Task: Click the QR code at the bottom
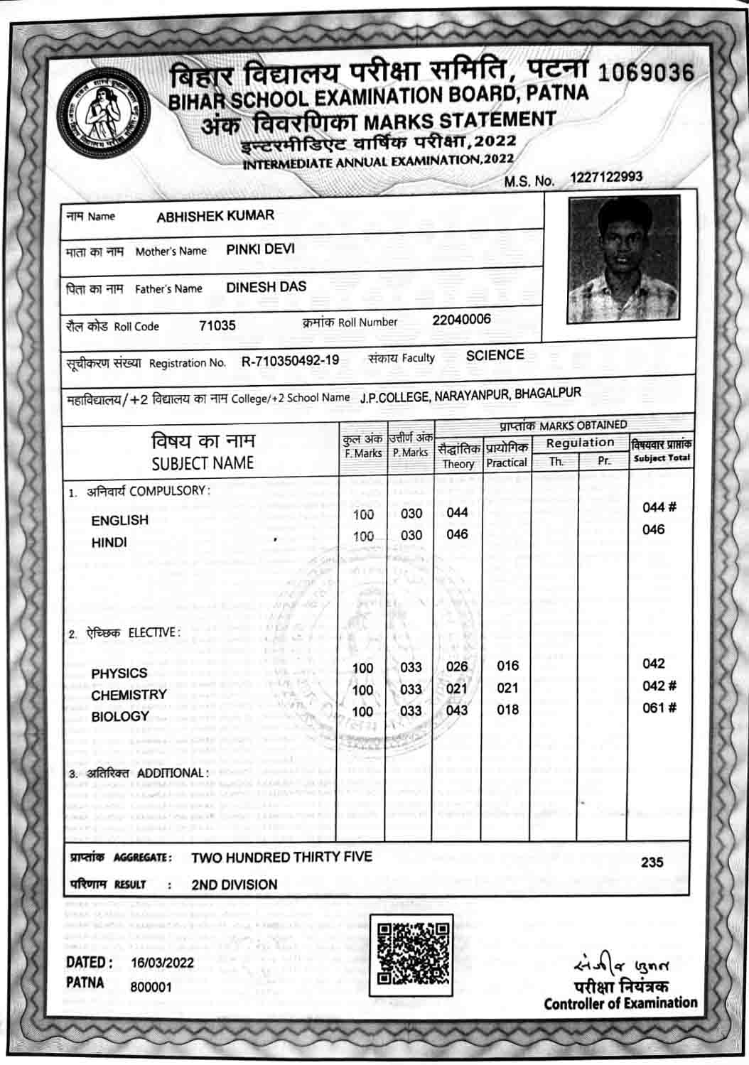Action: [x=411, y=955]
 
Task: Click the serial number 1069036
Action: [x=646, y=73]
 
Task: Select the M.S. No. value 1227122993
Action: [x=606, y=176]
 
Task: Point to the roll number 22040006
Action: [x=461, y=319]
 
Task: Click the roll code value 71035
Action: [x=217, y=325]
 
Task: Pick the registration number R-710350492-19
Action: [x=290, y=360]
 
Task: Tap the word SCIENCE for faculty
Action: [x=495, y=355]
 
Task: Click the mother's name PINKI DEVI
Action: [x=260, y=249]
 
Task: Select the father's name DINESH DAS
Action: [x=266, y=286]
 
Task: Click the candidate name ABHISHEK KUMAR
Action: [x=215, y=215]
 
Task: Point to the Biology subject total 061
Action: [x=654, y=707]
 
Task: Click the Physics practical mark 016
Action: [x=507, y=665]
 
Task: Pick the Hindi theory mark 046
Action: [x=457, y=534]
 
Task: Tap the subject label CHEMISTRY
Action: [x=129, y=694]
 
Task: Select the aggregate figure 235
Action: [x=652, y=862]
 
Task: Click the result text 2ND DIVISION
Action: [x=234, y=885]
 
